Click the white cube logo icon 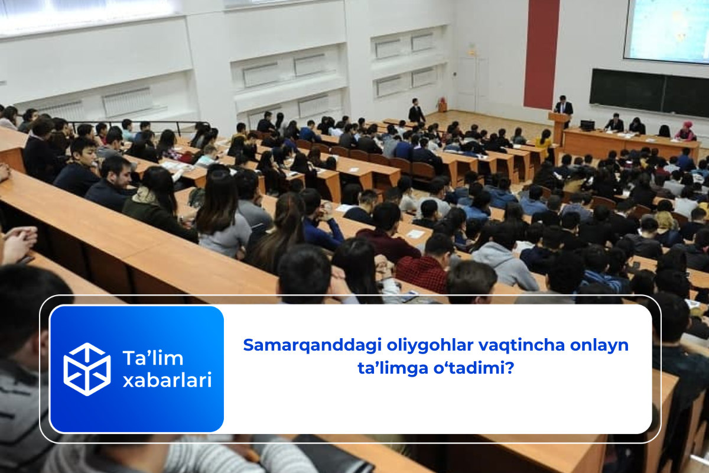coord(87,369)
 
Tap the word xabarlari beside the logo coord(167,380)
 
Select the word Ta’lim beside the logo coord(152,358)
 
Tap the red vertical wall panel coord(541,53)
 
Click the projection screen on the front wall coord(666,30)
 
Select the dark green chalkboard coord(649,92)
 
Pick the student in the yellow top coord(544,140)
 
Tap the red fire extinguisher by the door coord(441,105)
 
